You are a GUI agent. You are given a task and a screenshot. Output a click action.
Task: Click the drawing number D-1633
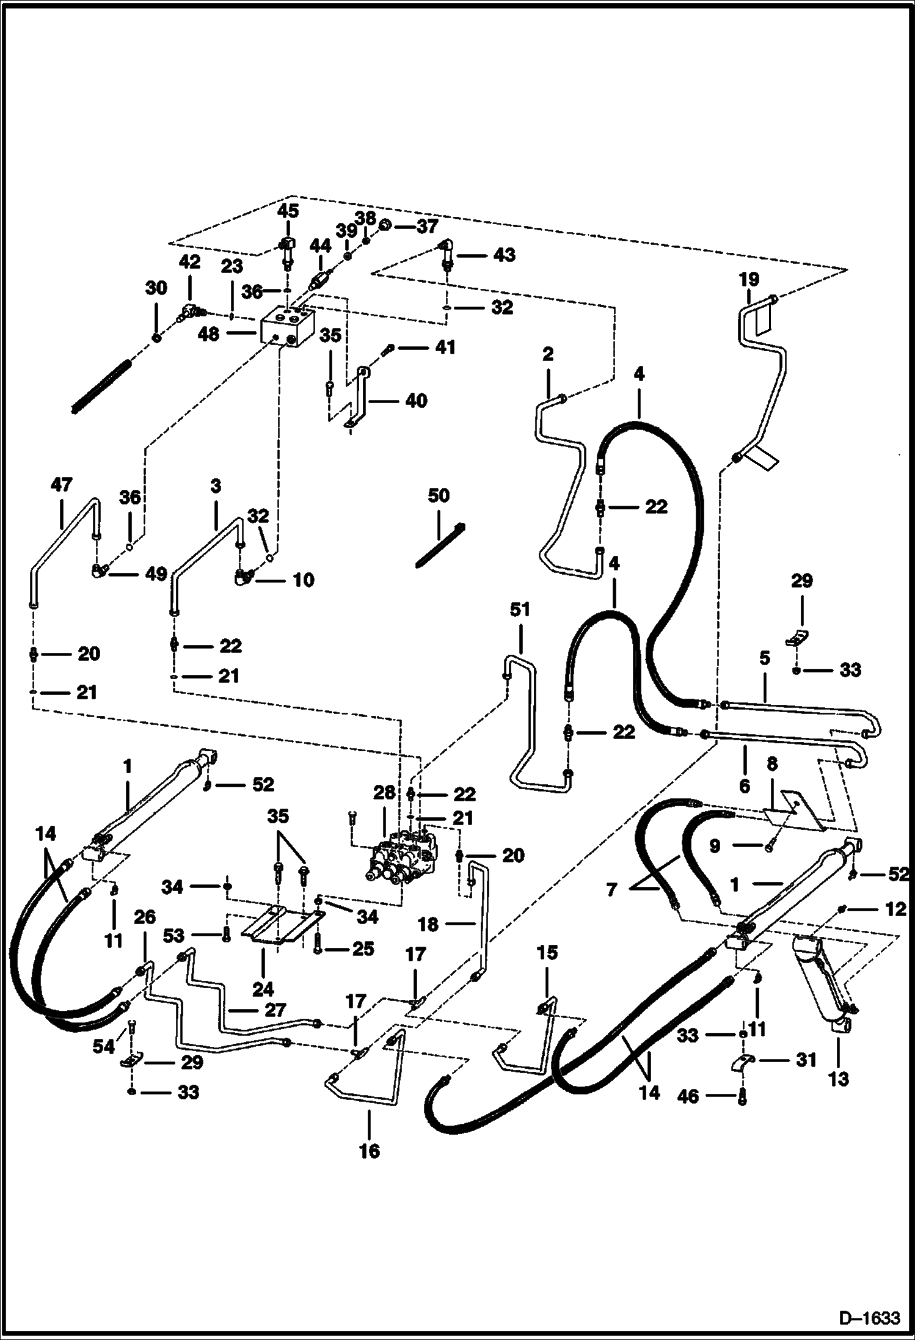pos(869,1319)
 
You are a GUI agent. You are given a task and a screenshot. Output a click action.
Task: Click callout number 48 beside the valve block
pos(208,334)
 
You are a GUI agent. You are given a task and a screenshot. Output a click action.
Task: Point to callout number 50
pos(438,495)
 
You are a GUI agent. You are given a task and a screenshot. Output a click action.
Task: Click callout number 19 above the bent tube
pos(749,280)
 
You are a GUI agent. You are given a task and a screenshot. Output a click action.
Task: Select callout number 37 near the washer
pos(427,227)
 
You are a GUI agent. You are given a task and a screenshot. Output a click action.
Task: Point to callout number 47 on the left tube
pos(61,485)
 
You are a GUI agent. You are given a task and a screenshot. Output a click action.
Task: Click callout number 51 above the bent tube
pos(520,610)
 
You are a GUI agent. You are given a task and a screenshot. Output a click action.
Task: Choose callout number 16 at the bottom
pos(370,1151)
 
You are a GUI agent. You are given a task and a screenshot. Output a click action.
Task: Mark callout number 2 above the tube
pos(547,354)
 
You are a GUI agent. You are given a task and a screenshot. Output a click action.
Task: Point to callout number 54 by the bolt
pos(103,1046)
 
